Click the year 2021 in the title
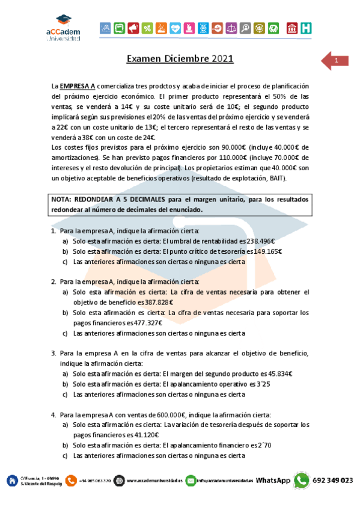click(222, 59)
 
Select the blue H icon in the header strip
click(306, 28)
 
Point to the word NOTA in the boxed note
click(63, 200)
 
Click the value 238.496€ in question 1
click(266, 241)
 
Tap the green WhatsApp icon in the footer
click(301, 481)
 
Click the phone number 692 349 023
click(333, 481)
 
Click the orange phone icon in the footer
click(72, 481)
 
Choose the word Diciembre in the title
click(182, 59)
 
